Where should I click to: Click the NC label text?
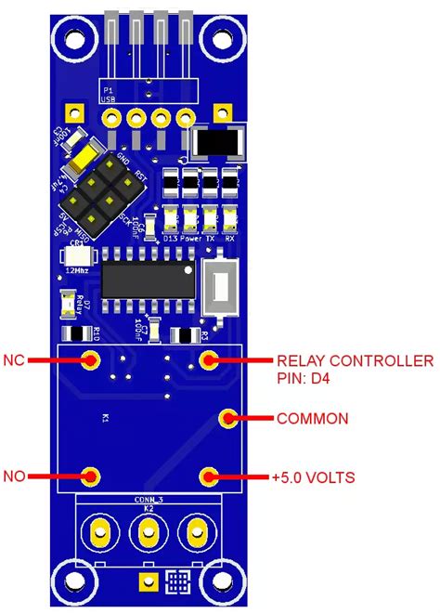(14, 359)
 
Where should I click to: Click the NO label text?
(14, 476)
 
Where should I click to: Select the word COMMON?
(312, 419)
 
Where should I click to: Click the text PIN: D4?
(305, 378)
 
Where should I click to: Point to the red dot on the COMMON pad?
(228, 419)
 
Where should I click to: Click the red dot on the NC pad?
(90, 359)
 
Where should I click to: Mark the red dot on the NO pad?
(90, 476)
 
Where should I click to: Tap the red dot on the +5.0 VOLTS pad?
(210, 476)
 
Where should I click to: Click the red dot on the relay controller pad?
(210, 359)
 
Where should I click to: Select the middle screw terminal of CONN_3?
(147, 532)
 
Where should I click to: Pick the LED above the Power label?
(190, 219)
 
